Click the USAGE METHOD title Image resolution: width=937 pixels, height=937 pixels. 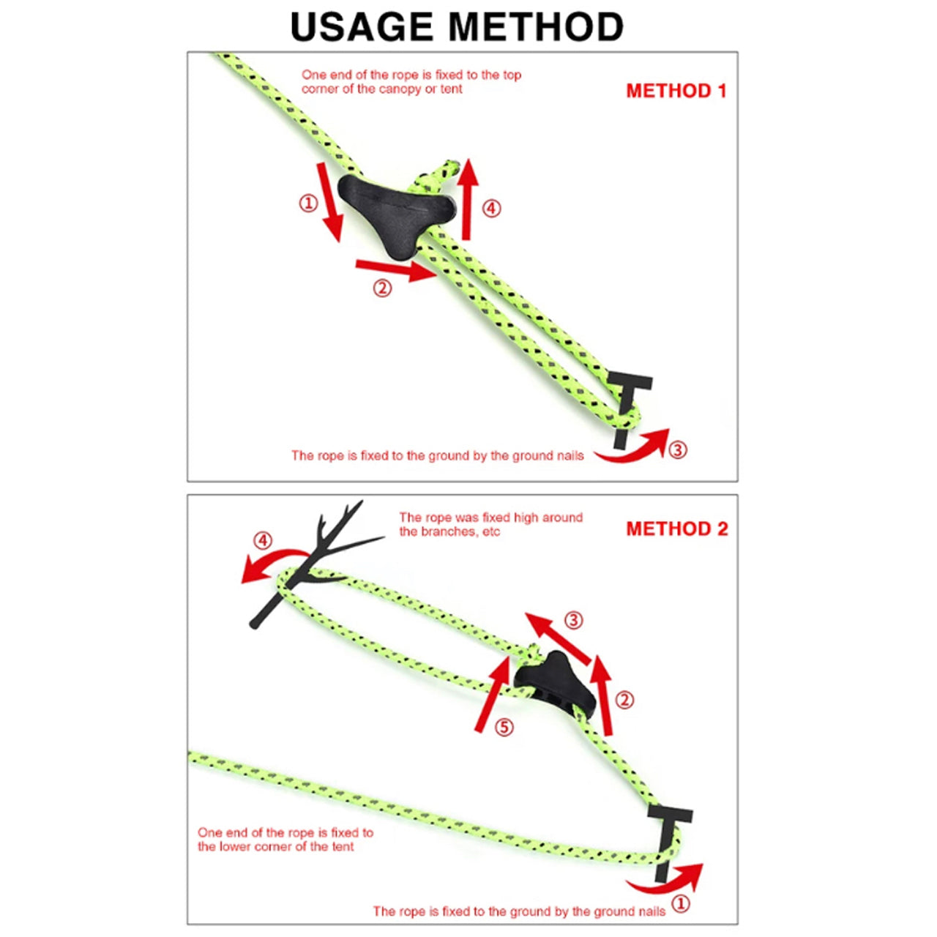click(457, 26)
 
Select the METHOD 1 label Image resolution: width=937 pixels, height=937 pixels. click(676, 91)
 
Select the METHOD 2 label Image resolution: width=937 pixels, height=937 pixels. click(677, 529)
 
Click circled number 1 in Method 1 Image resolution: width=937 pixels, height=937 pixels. click(308, 203)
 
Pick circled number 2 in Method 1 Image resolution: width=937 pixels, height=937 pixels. click(382, 288)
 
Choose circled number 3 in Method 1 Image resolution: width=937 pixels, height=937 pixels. click(678, 449)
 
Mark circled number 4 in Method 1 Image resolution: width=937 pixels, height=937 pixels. click(492, 209)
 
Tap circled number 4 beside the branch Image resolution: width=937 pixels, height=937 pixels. click(263, 541)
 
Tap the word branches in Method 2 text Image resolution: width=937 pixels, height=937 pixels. click(446, 531)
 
